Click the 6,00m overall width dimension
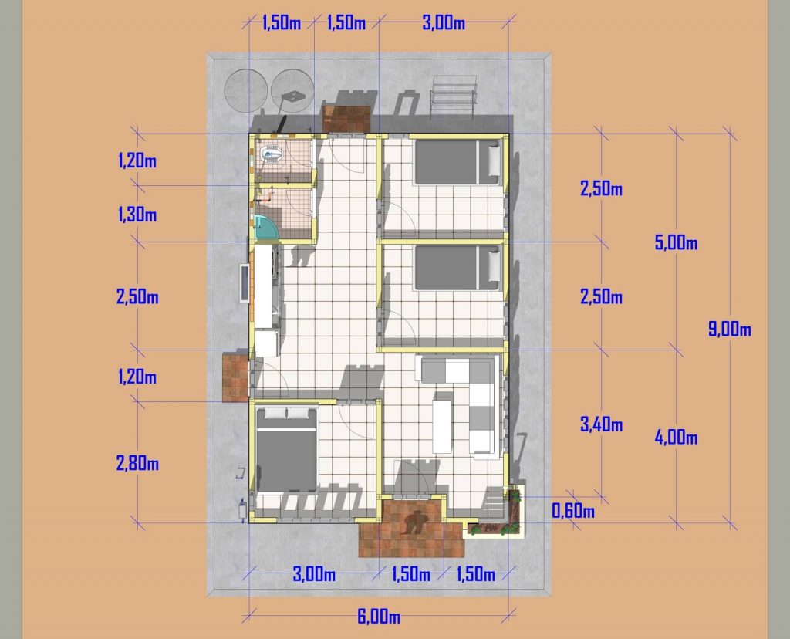378,617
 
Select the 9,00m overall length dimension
730,330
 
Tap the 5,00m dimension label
676,243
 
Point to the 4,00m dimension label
676,438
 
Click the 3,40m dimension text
601,424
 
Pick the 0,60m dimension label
572,511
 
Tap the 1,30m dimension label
137,215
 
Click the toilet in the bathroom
271,154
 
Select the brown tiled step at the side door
235,377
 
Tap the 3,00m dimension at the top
443,22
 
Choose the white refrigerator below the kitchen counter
266,342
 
